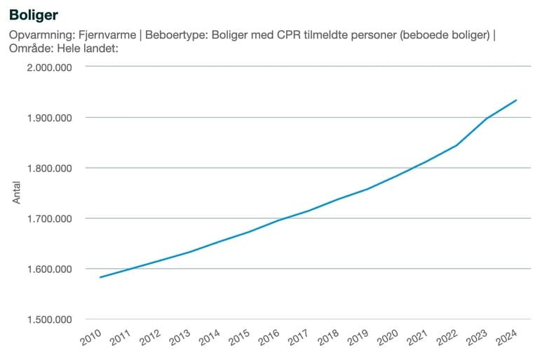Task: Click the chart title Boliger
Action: click(x=34, y=14)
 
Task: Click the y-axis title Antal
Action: click(x=17, y=193)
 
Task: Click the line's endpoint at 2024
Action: click(x=517, y=100)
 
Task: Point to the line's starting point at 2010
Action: click(x=100, y=277)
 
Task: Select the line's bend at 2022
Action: click(x=457, y=145)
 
